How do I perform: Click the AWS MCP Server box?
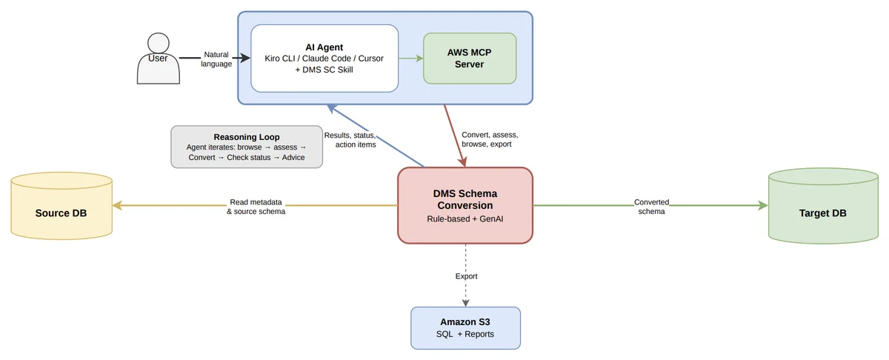tap(470, 59)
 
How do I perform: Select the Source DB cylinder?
tap(61, 206)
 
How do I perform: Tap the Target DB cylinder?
tap(823, 206)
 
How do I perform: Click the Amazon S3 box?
tap(465, 328)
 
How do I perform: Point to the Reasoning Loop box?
tap(247, 147)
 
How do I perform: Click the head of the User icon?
tap(159, 43)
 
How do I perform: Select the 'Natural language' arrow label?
tap(216, 59)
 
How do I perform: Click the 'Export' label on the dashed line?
tap(466, 276)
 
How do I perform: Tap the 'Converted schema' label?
tap(651, 207)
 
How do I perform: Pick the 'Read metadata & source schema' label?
tap(256, 207)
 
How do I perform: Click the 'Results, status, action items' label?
tap(350, 140)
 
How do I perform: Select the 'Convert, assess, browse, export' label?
tap(490, 139)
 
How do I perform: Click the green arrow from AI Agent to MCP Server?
tap(410, 59)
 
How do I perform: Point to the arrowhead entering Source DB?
tap(117, 205)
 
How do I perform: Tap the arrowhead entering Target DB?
tap(763, 205)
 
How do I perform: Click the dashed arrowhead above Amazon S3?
tap(465, 303)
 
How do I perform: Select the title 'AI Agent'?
tap(324, 47)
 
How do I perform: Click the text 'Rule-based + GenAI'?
tap(465, 219)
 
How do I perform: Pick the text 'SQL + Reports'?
tap(465, 334)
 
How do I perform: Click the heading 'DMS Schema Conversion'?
tap(465, 199)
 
